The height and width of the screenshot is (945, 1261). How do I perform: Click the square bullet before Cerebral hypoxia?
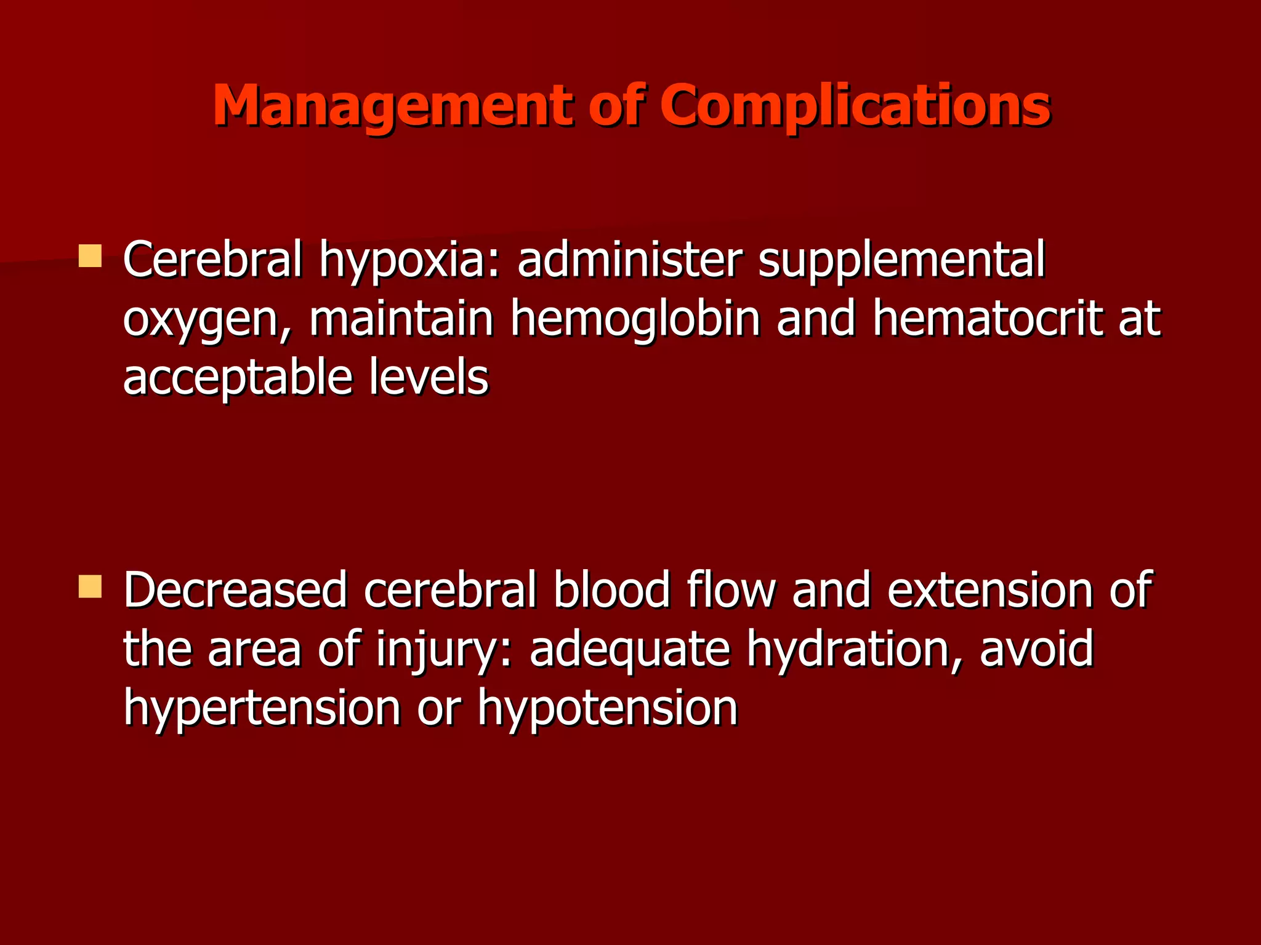click(x=90, y=256)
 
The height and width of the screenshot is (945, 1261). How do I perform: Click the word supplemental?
click(x=901, y=261)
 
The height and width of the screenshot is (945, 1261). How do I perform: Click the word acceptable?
click(x=238, y=379)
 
